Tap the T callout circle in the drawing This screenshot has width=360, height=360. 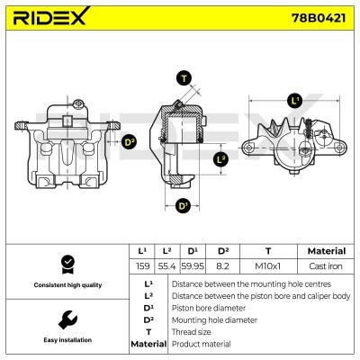184,78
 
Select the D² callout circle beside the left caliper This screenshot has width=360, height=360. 129,141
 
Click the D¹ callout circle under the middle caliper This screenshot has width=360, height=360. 184,206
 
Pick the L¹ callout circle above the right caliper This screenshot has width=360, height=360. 294,100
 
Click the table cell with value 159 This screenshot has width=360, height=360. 140,267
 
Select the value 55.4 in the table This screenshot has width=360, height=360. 166,267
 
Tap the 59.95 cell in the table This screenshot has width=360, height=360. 193,267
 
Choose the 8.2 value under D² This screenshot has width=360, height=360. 223,267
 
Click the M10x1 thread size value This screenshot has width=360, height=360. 268,267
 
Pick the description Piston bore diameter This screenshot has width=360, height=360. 207,307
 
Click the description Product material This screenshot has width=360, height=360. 201,344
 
